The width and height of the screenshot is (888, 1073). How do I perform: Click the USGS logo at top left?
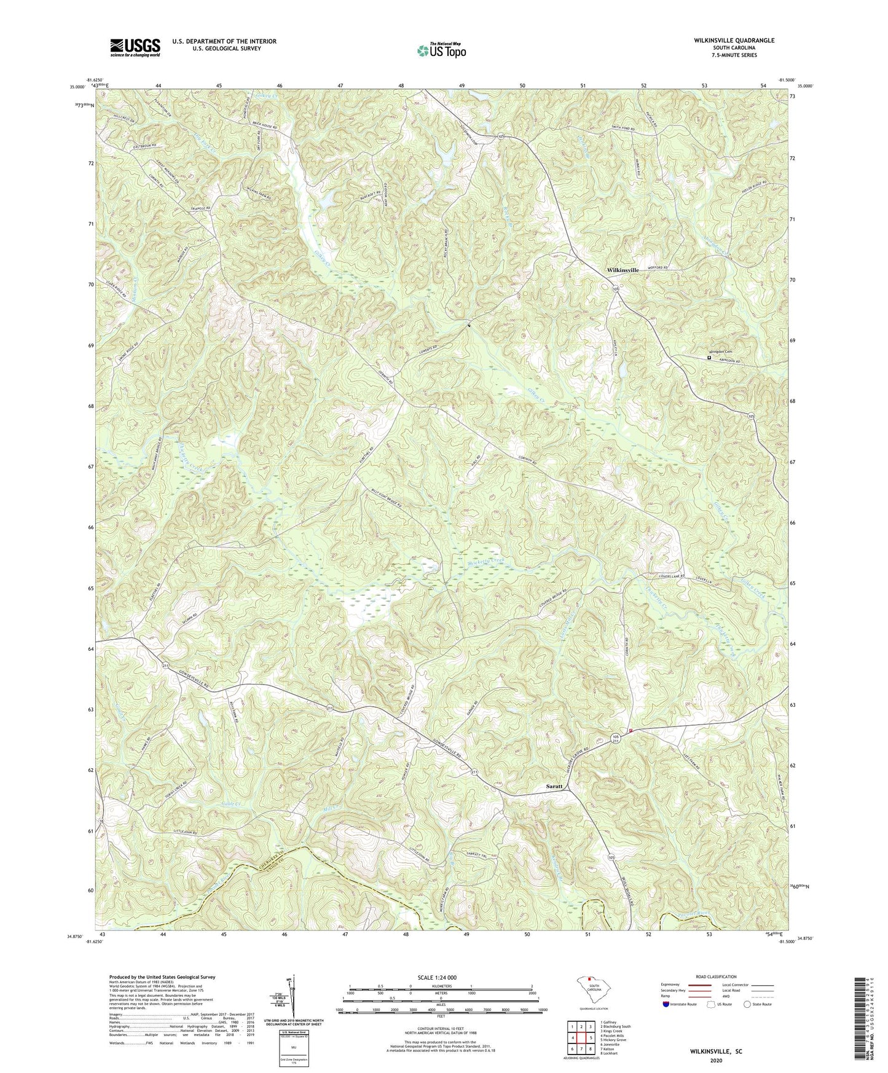click(135, 47)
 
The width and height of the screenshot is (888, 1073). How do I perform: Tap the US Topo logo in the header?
click(440, 50)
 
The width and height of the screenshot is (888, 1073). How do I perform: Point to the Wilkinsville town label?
click(623, 270)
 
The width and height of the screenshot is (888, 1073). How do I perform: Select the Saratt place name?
click(556, 787)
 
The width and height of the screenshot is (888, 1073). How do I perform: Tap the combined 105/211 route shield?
click(616, 738)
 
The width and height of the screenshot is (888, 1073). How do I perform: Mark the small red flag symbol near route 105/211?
click(631, 730)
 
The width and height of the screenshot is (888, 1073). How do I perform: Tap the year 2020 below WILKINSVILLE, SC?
click(715, 1060)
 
